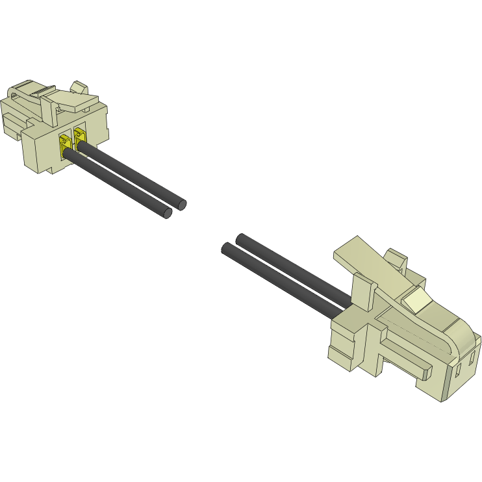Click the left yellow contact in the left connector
66,146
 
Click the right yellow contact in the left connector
80,138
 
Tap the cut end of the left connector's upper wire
181,204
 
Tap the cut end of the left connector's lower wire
167,213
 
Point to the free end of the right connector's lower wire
227,248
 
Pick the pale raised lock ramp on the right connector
416,299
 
